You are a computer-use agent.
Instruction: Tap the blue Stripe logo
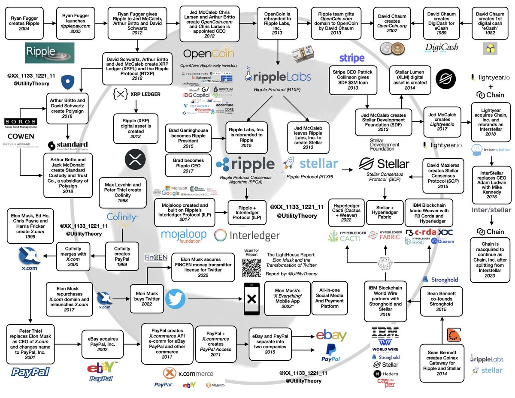point(351,58)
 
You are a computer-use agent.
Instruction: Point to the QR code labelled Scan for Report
point(251,267)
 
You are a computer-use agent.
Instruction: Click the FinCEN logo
point(153,258)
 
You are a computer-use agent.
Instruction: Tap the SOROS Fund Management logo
point(21,124)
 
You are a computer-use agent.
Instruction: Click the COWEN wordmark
point(21,136)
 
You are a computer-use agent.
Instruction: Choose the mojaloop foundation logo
point(184,235)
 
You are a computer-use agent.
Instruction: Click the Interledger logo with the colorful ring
point(247,235)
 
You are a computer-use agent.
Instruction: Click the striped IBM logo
point(385,332)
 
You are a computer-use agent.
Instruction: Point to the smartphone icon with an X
point(251,298)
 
